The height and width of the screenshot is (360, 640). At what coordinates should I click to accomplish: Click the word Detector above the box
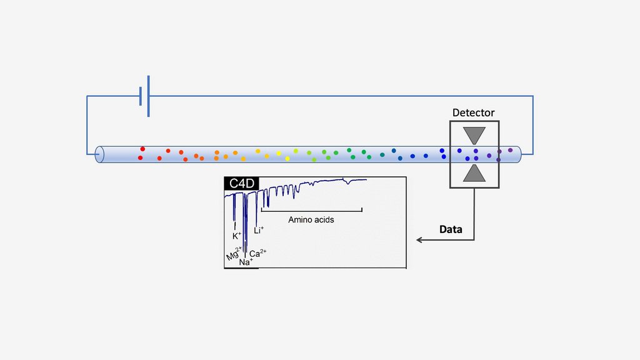pos(474,113)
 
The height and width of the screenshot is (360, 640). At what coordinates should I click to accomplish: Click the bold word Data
pos(451,229)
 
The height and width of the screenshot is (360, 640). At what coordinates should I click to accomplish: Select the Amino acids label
pos(311,220)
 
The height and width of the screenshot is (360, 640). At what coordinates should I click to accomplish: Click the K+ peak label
pos(236,236)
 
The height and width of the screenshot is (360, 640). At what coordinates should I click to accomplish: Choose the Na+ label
pos(245,262)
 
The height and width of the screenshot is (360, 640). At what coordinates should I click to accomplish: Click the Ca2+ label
pos(258,253)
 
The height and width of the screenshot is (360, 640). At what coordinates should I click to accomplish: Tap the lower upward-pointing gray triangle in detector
pos(474,174)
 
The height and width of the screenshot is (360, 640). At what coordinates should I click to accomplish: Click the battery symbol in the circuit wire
pos(144,96)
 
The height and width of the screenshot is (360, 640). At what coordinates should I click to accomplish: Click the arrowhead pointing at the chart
pos(419,240)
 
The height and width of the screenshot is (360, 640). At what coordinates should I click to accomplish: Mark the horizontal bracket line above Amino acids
pos(311,211)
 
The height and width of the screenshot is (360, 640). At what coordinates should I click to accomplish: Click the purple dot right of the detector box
pos(511,150)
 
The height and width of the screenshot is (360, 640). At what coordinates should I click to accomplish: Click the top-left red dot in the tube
pos(142,149)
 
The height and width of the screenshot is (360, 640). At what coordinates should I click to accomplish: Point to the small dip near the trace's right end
pos(347,182)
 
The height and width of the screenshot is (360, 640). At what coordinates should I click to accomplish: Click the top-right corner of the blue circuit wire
pos(533,96)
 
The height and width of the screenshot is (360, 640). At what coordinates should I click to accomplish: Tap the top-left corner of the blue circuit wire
pos(87,96)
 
